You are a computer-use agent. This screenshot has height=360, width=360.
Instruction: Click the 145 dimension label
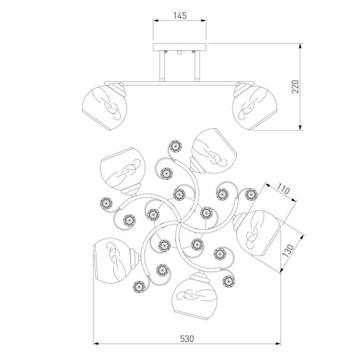tap(180, 16)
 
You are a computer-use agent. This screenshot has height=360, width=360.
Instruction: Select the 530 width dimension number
tap(186, 338)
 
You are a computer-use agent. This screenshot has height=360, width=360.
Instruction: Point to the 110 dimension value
tap(282, 189)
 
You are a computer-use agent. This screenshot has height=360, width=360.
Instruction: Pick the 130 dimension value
tap(288, 251)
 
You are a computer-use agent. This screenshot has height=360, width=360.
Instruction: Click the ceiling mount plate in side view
tap(180, 47)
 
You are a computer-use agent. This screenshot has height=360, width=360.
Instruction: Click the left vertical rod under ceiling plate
tap(162, 66)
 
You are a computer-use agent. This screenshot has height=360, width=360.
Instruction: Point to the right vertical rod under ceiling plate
tap(197, 66)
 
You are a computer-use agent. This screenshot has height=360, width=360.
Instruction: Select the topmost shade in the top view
tap(214, 150)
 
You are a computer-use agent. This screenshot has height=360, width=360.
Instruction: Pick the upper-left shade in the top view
tap(122, 169)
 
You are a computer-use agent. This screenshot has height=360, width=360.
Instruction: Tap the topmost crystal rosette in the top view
tap(175, 146)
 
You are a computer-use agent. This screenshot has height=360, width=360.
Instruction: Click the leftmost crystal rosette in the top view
tap(106, 204)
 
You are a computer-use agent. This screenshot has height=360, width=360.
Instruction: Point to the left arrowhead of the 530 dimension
tap(96, 344)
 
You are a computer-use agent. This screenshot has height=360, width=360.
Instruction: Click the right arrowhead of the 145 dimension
tap(204, 21)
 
